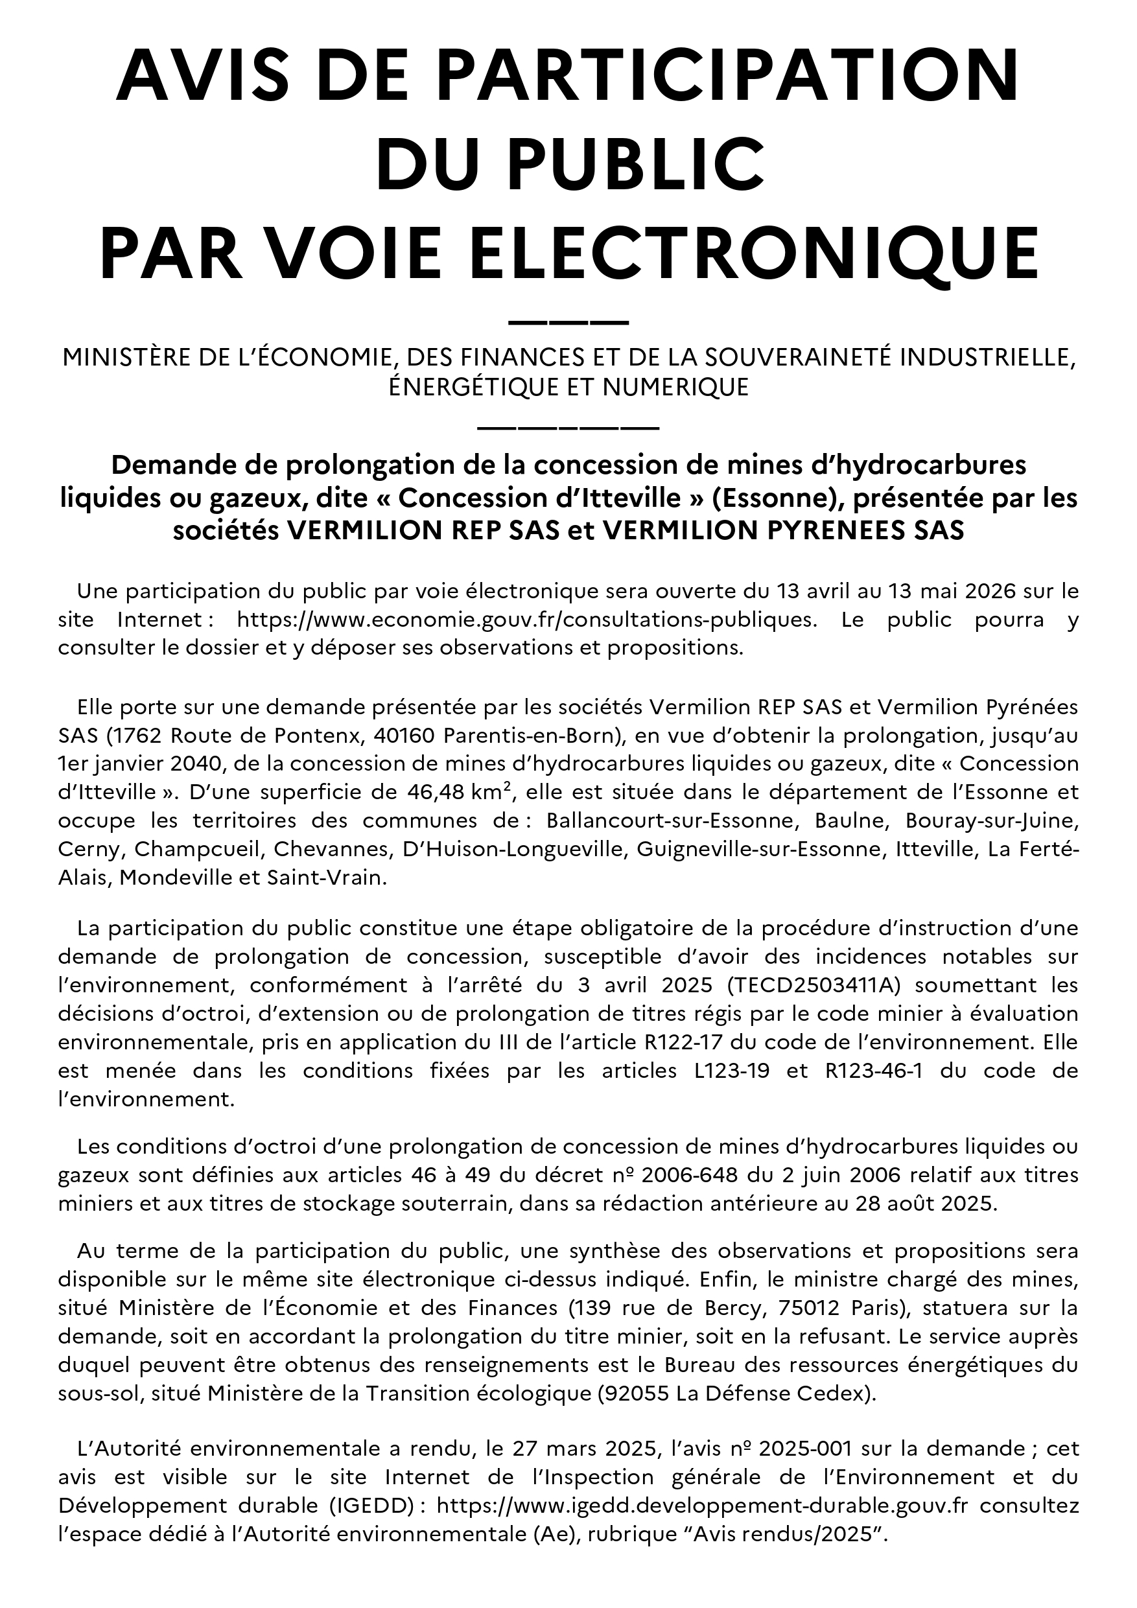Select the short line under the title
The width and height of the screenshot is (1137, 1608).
(568, 323)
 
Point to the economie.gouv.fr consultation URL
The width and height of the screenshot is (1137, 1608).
(528, 620)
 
